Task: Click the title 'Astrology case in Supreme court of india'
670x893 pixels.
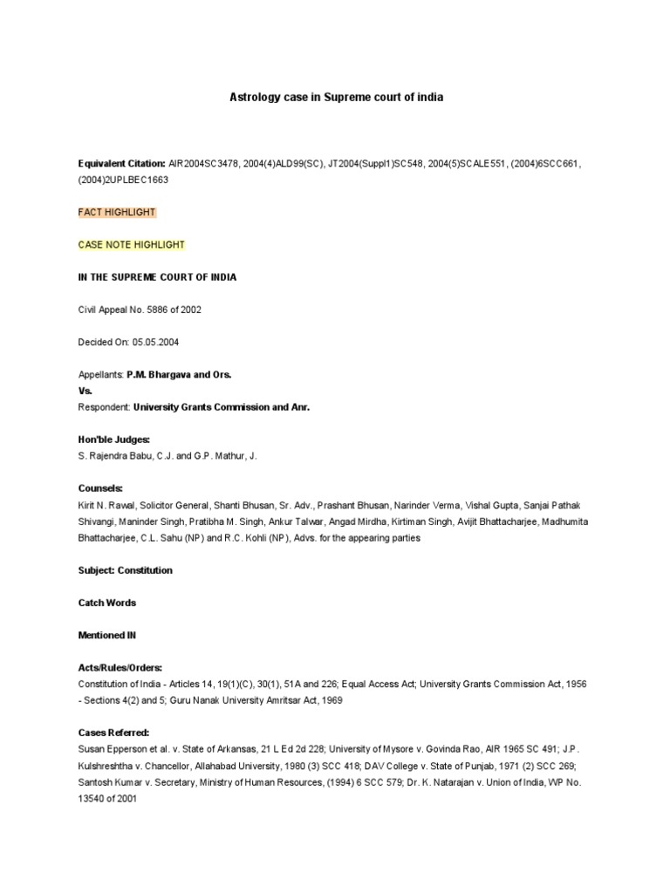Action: tap(336, 98)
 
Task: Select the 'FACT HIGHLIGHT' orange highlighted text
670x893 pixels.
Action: tap(117, 212)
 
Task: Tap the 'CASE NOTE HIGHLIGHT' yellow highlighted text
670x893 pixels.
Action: tap(132, 245)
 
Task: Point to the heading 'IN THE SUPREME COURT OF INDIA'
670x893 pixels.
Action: tap(157, 277)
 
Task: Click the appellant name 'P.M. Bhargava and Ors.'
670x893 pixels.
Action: tap(179, 374)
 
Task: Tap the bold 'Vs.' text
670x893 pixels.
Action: tap(85, 391)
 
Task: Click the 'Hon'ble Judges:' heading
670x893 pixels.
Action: tap(114, 440)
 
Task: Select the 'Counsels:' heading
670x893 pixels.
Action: tap(100, 488)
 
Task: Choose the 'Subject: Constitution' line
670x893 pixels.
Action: tap(126, 570)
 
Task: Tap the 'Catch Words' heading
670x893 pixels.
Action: tap(107, 603)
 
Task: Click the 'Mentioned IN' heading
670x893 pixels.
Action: tap(107, 636)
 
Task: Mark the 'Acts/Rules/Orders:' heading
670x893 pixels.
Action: tap(120, 667)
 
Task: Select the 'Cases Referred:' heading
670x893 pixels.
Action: tap(114, 733)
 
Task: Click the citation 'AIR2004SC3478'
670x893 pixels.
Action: tap(202, 163)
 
